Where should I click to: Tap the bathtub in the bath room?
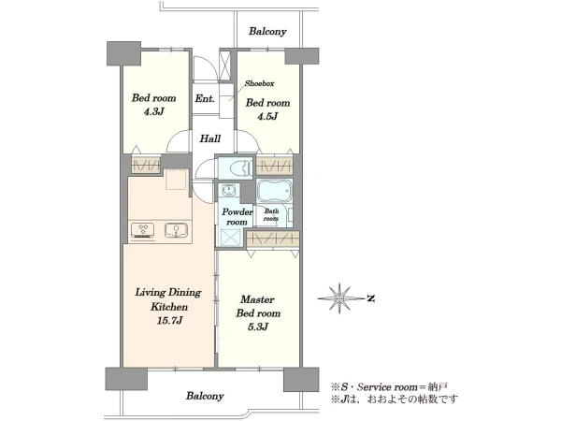click(274, 191)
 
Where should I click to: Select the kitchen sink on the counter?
click(176, 230)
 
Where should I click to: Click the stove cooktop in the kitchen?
click(143, 230)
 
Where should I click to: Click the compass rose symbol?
click(339, 298)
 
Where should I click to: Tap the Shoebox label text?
click(260, 83)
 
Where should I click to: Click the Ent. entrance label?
click(205, 98)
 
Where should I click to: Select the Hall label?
click(210, 138)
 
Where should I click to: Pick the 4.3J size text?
click(154, 111)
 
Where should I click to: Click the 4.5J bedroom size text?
click(267, 116)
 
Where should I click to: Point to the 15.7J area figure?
click(169, 320)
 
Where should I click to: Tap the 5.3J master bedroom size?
click(258, 327)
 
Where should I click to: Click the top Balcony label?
click(267, 32)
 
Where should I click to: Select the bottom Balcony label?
click(205, 396)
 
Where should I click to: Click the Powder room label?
click(237, 217)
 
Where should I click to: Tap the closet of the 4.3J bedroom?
click(146, 165)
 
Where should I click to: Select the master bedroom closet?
click(273, 239)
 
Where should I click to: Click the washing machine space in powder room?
click(228, 238)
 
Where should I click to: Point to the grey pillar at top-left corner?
click(123, 53)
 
